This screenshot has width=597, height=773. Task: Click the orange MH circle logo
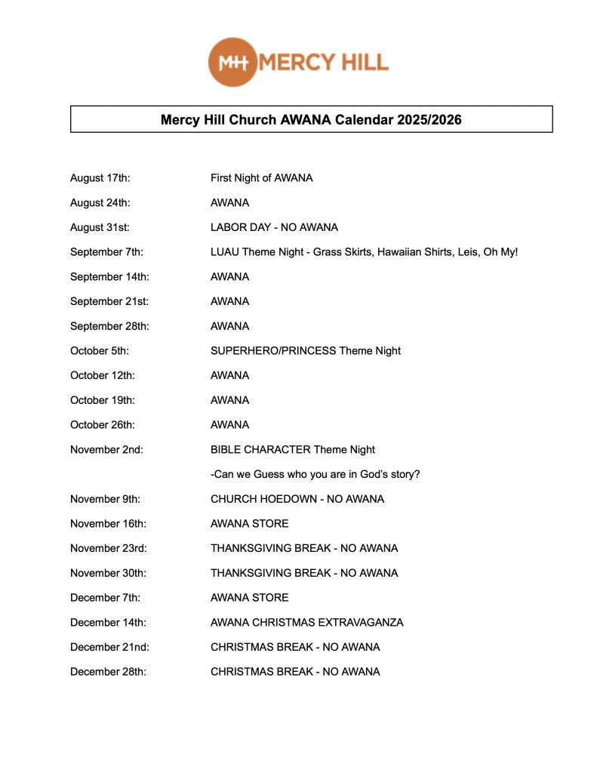click(x=232, y=62)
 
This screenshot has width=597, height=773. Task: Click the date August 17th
click(x=100, y=178)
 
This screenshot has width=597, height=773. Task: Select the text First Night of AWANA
click(x=261, y=178)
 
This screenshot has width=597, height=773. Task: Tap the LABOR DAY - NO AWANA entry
click(x=274, y=227)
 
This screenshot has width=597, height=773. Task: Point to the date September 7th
click(x=106, y=252)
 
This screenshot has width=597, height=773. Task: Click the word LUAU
click(x=225, y=252)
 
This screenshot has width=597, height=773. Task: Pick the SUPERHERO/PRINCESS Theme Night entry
click(x=305, y=350)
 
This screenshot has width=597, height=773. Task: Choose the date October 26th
click(x=102, y=425)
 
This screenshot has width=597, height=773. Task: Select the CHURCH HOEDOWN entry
click(x=297, y=499)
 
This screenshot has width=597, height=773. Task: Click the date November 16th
click(x=108, y=524)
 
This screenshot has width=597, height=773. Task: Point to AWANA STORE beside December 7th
click(x=249, y=598)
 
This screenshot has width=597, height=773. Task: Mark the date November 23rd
click(x=108, y=548)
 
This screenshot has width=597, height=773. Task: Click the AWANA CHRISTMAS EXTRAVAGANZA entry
click(x=306, y=623)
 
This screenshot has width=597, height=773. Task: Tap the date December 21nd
click(x=108, y=647)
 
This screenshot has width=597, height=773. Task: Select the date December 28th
click(x=108, y=672)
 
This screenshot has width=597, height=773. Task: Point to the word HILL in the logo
click(x=359, y=62)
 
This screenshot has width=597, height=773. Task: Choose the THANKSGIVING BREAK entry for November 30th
click(x=304, y=573)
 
